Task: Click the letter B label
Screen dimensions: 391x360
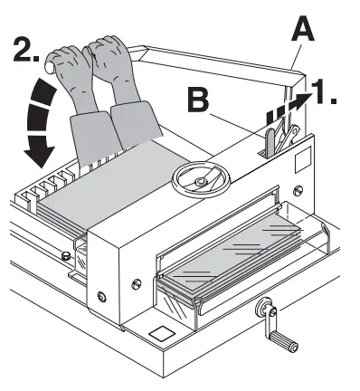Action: (x=200, y=97)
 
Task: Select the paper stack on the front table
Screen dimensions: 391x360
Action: (x=231, y=262)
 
